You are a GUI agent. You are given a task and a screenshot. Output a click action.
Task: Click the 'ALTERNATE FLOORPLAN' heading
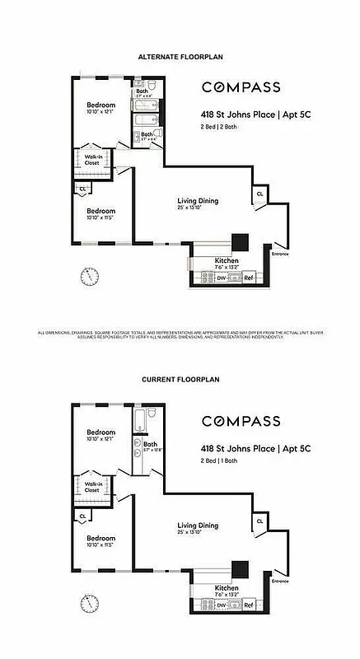coord(180,56)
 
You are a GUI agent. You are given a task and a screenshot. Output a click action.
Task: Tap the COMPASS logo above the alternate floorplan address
coord(241,87)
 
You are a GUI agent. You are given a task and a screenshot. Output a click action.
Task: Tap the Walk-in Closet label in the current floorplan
coord(91,488)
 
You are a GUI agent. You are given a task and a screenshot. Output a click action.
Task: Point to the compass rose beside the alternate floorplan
coord(88,275)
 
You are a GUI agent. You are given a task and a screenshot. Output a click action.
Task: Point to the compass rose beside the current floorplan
coord(88,603)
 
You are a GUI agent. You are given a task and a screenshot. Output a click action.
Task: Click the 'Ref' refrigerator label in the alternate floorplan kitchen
coord(248,278)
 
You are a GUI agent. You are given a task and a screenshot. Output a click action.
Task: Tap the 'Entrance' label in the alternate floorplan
coord(282,254)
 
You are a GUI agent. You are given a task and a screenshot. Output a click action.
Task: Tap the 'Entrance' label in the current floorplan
coord(282,581)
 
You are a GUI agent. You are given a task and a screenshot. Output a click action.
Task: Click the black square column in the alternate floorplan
coord(240,241)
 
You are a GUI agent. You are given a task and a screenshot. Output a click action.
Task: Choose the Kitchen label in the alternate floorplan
coord(203,260)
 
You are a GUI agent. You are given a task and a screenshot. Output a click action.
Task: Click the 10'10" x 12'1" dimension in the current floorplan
coord(101,441)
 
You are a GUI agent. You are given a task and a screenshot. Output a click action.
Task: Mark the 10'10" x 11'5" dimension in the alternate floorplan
coord(101,217)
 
